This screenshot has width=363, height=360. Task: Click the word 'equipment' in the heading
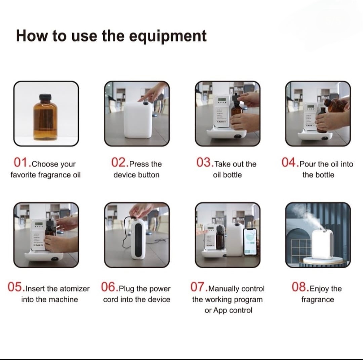pos(168,37)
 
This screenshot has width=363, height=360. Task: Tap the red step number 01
pos(21,162)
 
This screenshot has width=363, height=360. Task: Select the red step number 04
pos(288,162)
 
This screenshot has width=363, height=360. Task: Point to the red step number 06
pos(108,287)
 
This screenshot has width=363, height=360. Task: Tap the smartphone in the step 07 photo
pos(250,241)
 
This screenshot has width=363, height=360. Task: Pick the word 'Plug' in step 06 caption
pos(127,289)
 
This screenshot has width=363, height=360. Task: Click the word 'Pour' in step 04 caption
pos(308,164)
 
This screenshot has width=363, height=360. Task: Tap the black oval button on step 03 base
pos(238,136)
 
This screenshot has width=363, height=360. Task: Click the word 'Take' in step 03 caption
pos(223,164)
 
